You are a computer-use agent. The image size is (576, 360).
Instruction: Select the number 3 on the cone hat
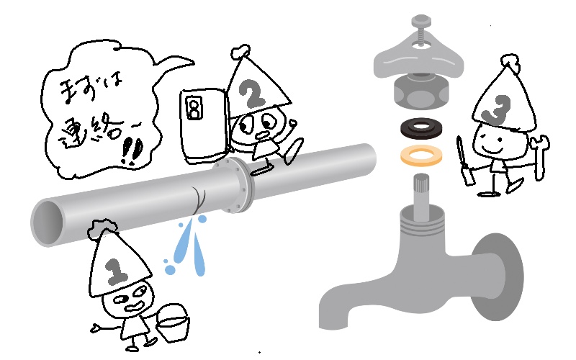(498, 109)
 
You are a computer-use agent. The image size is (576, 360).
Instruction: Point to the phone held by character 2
(204, 125)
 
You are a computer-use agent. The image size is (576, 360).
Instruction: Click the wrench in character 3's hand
(541, 157)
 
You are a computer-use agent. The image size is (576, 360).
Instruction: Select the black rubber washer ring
(421, 127)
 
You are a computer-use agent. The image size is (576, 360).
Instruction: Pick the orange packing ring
(421, 155)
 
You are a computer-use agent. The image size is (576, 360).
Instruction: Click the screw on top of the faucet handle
(421, 29)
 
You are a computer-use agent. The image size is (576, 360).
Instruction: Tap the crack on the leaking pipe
(199, 201)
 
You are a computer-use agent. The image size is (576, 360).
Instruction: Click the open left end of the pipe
(48, 222)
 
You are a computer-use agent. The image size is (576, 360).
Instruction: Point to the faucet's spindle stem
(422, 197)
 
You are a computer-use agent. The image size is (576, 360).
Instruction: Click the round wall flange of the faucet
(502, 276)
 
